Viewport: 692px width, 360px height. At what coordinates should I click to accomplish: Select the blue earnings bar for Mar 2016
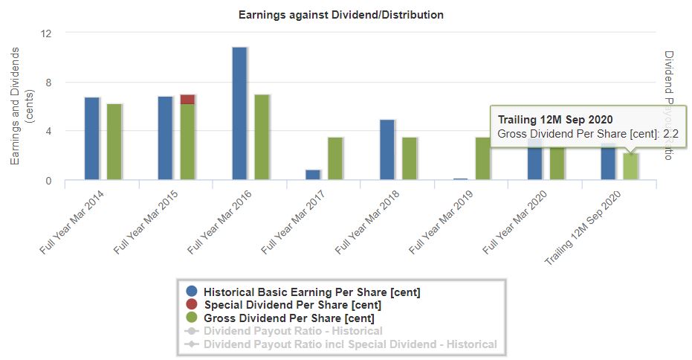point(239,113)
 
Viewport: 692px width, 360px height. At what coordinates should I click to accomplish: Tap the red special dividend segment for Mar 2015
point(188,99)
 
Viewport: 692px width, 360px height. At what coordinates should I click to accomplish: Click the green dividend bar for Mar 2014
point(114,141)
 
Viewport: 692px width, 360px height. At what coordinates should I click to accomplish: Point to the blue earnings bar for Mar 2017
point(313,175)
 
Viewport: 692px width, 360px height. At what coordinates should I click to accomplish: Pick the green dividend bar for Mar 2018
point(409,158)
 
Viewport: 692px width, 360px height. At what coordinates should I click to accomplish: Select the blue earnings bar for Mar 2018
point(387,150)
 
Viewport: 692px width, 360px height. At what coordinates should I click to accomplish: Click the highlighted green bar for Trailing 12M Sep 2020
point(630,166)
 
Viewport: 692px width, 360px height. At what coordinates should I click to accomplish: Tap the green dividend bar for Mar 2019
point(483,158)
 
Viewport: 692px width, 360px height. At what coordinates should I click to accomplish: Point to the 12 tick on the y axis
point(47,33)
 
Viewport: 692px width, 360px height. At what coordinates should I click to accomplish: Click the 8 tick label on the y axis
point(49,83)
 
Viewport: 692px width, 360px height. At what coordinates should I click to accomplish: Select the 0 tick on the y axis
point(49,181)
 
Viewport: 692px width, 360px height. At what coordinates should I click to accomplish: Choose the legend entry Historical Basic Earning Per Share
point(312,292)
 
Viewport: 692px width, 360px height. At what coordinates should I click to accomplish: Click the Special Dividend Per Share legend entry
point(292,305)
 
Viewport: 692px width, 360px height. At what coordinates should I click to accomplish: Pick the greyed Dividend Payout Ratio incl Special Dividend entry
point(349,344)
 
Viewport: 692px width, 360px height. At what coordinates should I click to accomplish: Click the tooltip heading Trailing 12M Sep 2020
point(554,120)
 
